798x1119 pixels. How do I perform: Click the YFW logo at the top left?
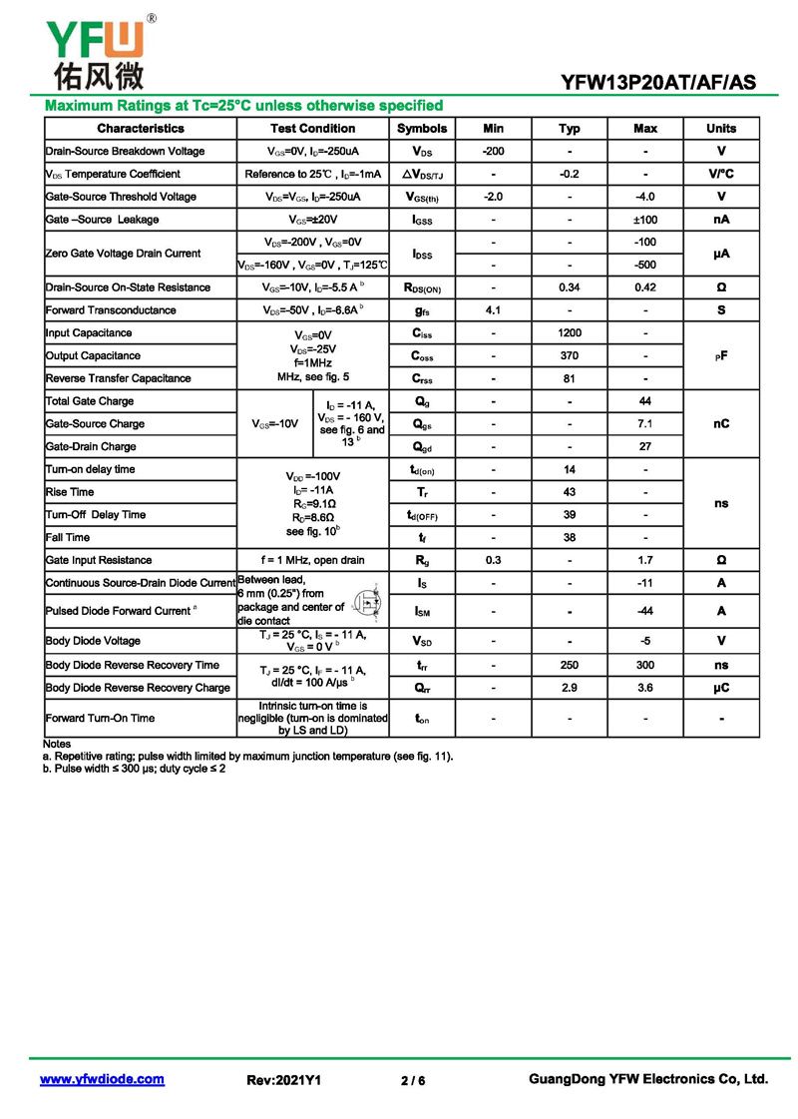[x=95, y=50]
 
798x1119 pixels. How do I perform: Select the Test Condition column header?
[x=312, y=129]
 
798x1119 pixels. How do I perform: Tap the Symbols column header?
[x=422, y=129]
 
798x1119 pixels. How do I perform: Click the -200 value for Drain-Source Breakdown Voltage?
[x=493, y=152]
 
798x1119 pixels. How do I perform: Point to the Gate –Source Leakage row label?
[x=102, y=220]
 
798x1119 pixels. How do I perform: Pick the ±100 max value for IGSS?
[x=645, y=220]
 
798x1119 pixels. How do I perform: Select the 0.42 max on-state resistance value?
[x=645, y=287]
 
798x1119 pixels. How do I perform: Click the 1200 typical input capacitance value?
[x=570, y=333]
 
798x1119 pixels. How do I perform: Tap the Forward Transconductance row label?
[x=111, y=310]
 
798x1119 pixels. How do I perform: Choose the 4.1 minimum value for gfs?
[x=493, y=310]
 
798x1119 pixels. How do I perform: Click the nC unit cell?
[x=721, y=424]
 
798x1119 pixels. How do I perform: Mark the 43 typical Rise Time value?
[x=570, y=492]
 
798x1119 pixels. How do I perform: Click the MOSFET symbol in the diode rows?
[x=371, y=605]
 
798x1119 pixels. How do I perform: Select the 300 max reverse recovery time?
[x=645, y=665]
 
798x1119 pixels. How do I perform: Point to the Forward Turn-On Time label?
[x=100, y=718]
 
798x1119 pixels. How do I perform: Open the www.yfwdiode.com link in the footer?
[x=102, y=1079]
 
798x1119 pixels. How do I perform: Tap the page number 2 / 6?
[x=413, y=1080]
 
